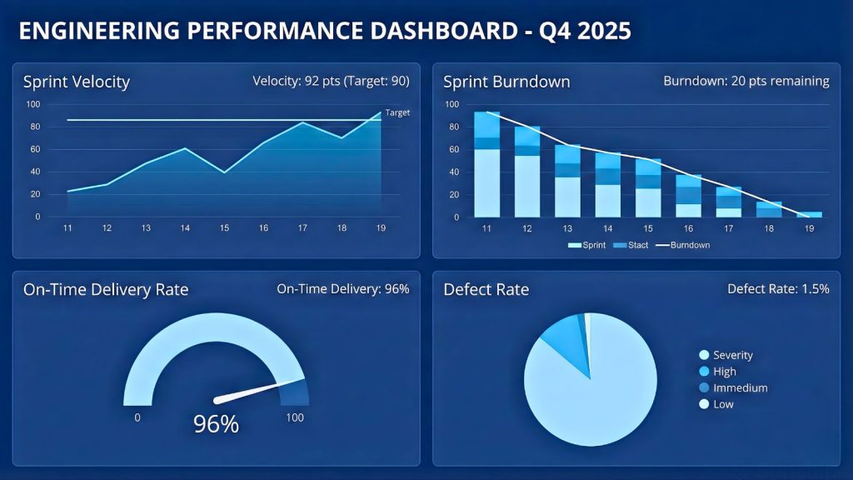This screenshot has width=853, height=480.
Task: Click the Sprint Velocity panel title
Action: [x=77, y=82]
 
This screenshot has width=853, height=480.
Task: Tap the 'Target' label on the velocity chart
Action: [x=397, y=112]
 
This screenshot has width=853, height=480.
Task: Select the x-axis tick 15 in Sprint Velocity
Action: [x=224, y=227]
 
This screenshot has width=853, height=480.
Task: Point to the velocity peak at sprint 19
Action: [x=381, y=112]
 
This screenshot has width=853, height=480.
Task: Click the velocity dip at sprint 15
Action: [x=224, y=172]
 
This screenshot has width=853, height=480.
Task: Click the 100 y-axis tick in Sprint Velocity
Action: [x=32, y=104]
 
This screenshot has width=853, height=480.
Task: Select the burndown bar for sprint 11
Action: [x=486, y=164]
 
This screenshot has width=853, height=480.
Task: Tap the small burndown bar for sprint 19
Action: [x=810, y=214]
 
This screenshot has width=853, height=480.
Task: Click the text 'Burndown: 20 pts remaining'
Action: [x=746, y=82]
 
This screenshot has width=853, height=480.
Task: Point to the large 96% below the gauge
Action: [x=216, y=424]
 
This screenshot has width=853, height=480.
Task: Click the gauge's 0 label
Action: [x=137, y=417]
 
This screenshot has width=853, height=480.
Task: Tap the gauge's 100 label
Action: [x=295, y=417]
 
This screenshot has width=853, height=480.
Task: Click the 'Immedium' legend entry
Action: [x=740, y=387]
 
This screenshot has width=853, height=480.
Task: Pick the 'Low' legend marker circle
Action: [x=704, y=404]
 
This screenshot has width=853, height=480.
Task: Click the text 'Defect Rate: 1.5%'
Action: [x=778, y=289]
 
